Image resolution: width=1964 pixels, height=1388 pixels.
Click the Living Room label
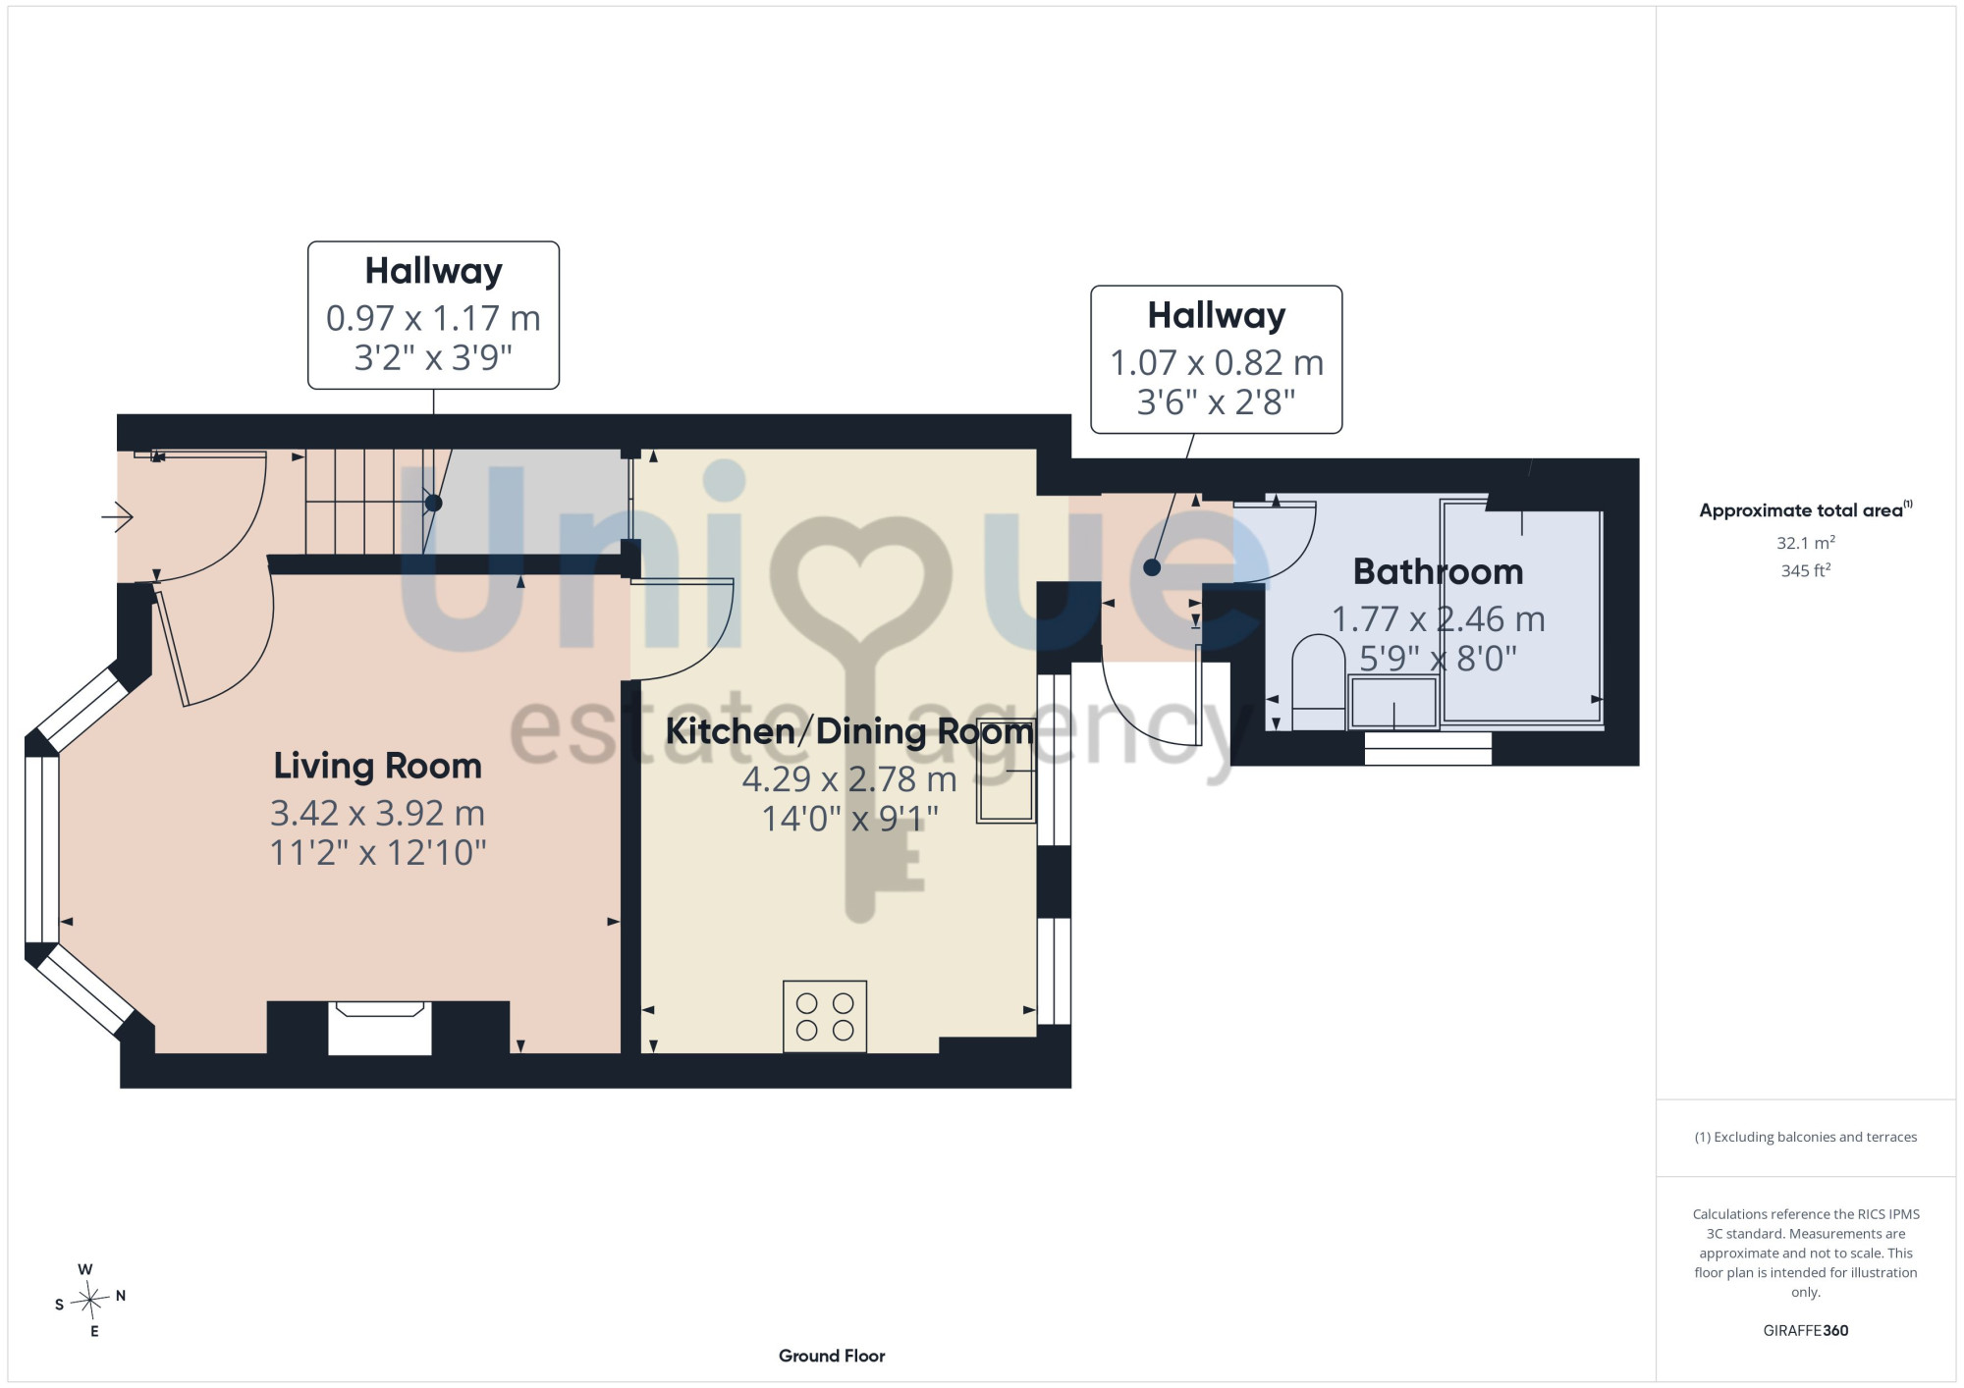[x=378, y=766]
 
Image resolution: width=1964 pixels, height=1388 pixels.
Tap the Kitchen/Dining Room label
[x=849, y=731]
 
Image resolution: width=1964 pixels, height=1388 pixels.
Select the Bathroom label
[x=1438, y=571]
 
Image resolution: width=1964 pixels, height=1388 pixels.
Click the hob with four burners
[x=825, y=1017]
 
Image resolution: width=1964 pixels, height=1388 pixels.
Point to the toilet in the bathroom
[x=1319, y=682]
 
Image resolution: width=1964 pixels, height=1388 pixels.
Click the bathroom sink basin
[x=1393, y=702]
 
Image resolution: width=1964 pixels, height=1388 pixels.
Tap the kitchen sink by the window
[x=1006, y=771]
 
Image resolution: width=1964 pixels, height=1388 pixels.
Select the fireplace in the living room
[x=380, y=1028]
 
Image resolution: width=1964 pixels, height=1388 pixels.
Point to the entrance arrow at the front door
[x=117, y=515]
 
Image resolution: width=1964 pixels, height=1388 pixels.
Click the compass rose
[x=89, y=1301]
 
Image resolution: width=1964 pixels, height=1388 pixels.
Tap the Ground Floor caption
[x=832, y=1356]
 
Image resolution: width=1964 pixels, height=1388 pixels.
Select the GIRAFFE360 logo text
[x=1806, y=1331]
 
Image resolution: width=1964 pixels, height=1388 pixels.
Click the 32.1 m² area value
[x=1806, y=542]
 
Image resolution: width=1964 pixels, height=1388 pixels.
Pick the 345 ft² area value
[x=1806, y=569]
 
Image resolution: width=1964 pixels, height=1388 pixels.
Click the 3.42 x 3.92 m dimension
[x=378, y=813]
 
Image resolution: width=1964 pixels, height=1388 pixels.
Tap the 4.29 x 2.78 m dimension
[x=849, y=779]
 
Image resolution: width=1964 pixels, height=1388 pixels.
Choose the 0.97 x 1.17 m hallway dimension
[x=433, y=318]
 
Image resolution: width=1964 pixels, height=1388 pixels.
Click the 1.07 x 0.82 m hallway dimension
[x=1217, y=363]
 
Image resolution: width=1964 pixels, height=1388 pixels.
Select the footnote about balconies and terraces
[x=1806, y=1137]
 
